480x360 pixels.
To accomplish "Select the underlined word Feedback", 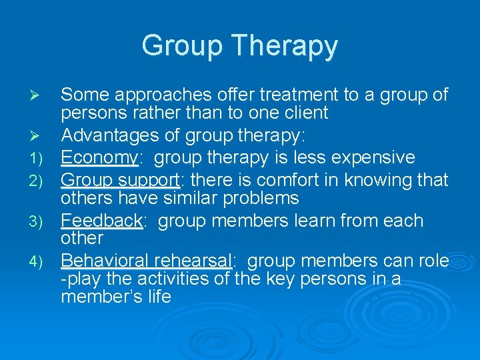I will [x=102, y=220].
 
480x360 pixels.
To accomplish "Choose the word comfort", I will [x=281, y=179].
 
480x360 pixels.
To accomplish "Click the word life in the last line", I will [x=160, y=296].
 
